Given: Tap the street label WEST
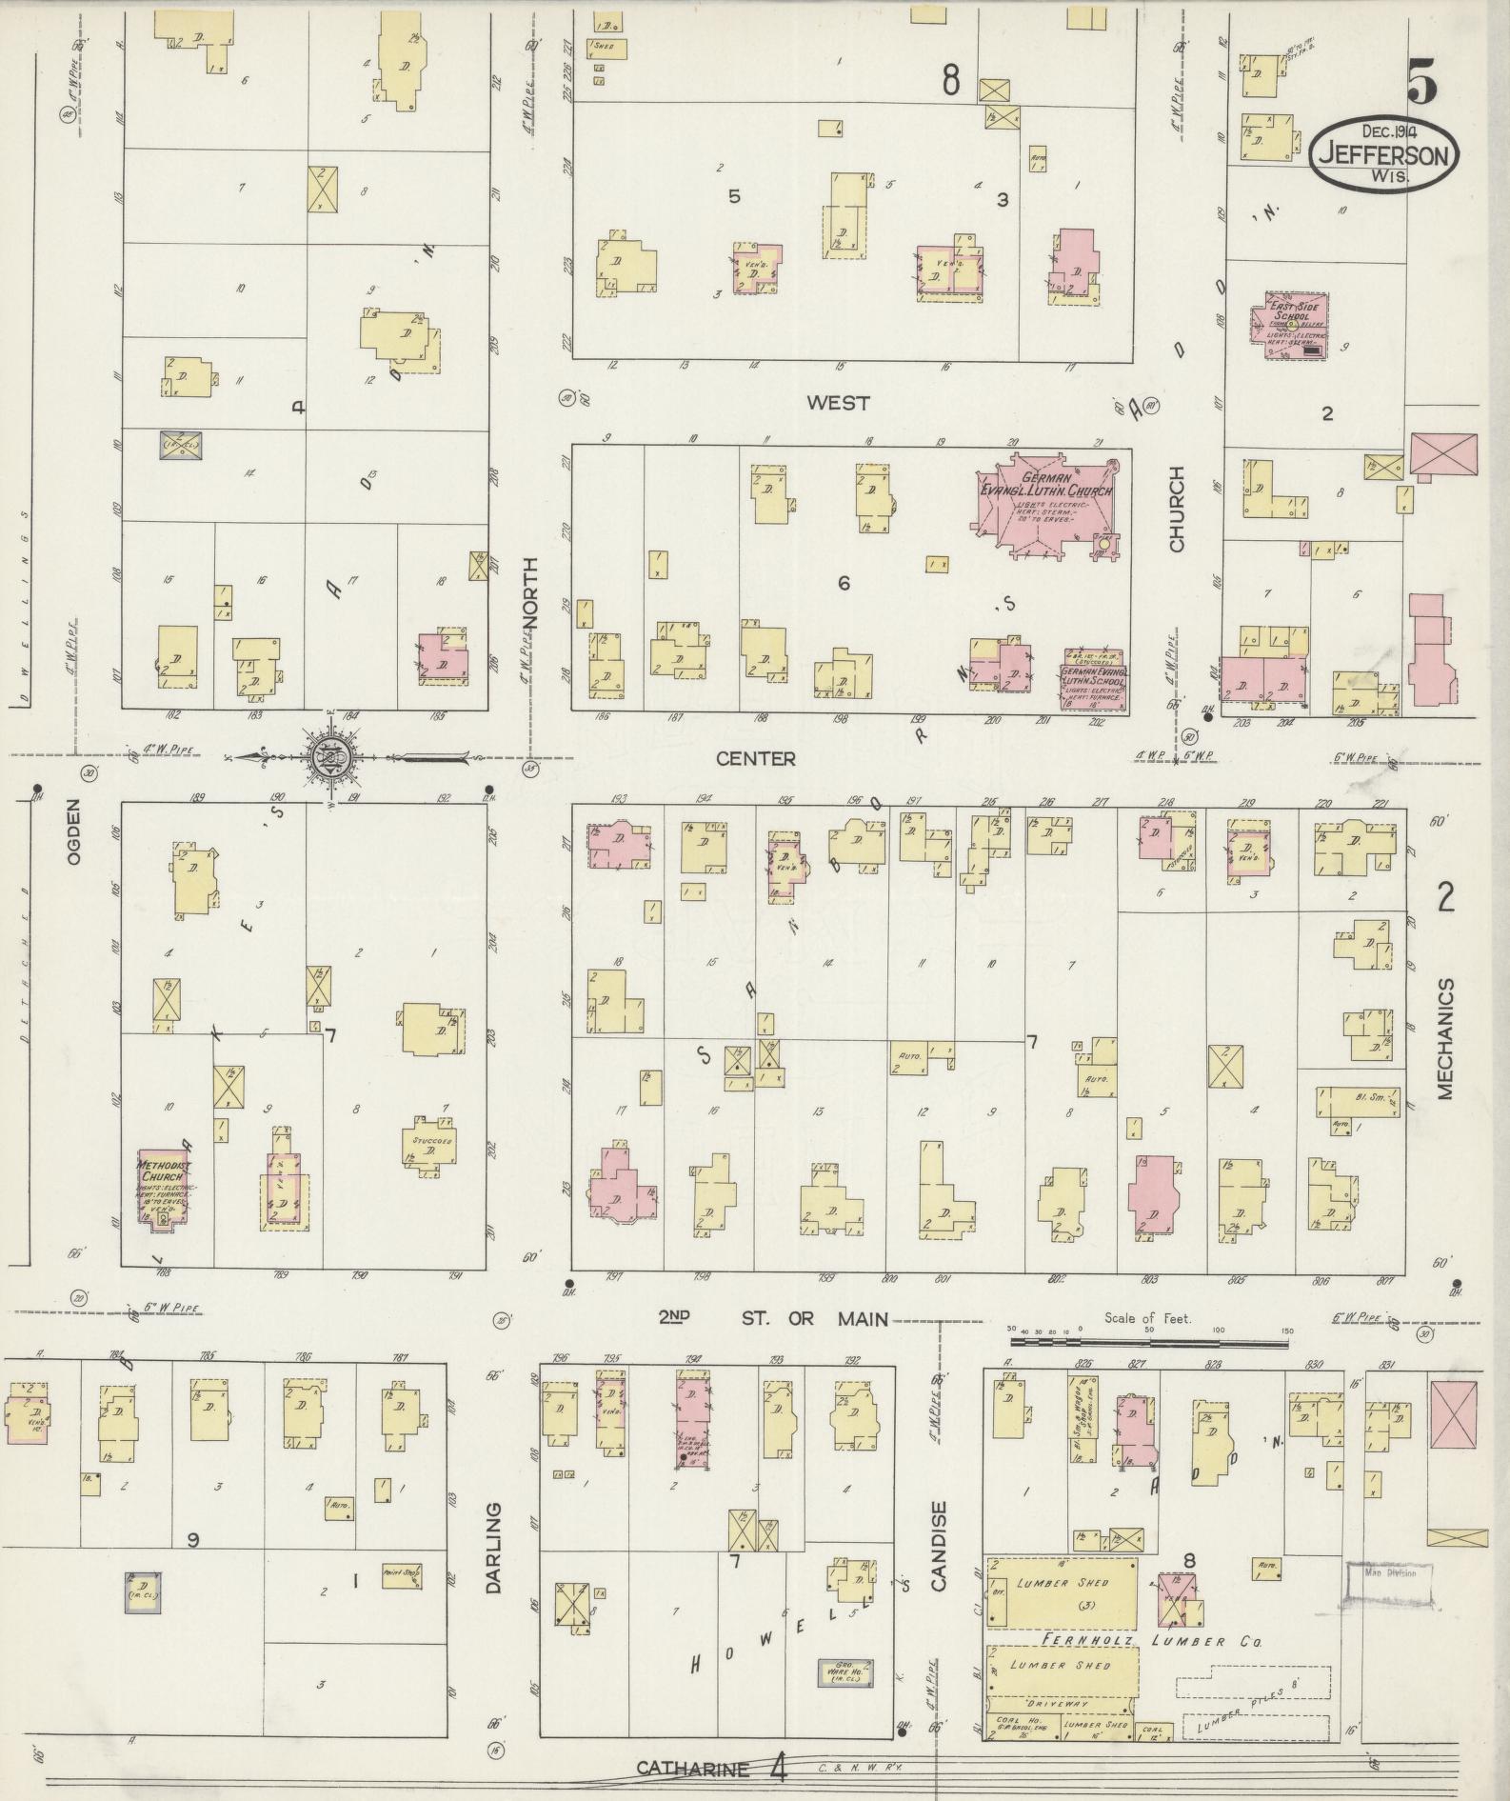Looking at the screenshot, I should coord(837,403).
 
